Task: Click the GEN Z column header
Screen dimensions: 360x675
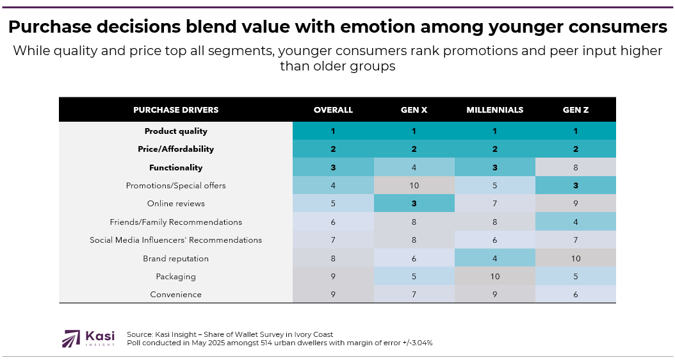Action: tap(575, 110)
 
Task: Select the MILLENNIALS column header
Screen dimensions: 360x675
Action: tap(494, 110)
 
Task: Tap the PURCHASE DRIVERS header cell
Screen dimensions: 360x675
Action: tap(175, 110)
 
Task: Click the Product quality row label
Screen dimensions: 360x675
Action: tap(175, 131)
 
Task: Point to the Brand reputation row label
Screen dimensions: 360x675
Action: tap(175, 259)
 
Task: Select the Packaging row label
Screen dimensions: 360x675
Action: tap(175, 277)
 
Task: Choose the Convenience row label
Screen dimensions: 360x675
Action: tap(175, 295)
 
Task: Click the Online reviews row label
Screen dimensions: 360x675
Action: tap(175, 204)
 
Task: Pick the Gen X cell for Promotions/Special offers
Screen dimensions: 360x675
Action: tap(414, 186)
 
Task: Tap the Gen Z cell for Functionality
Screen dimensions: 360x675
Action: tap(575, 168)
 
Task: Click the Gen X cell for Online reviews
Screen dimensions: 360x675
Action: tap(414, 204)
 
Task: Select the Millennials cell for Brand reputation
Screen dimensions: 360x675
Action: tap(494, 259)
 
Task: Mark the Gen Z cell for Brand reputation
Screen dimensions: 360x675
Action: tap(575, 259)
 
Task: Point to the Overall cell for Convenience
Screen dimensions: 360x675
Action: tap(333, 295)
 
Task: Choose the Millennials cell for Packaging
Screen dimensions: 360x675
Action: tap(494, 277)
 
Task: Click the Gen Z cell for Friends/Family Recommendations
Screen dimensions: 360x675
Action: tap(575, 222)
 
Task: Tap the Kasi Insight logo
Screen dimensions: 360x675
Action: tap(88, 338)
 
